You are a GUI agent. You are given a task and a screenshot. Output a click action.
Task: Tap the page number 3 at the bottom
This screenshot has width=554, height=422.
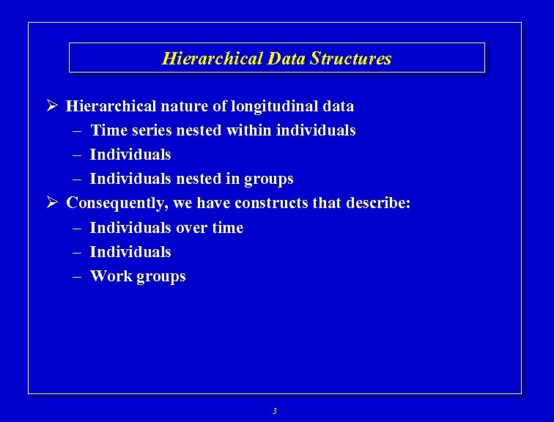(x=275, y=411)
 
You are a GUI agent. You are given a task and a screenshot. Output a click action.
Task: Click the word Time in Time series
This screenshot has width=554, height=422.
(x=106, y=130)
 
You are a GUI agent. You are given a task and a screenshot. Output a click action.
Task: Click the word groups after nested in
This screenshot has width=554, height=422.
(x=270, y=179)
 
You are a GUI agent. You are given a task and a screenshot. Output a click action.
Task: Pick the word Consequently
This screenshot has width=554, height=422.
(x=117, y=203)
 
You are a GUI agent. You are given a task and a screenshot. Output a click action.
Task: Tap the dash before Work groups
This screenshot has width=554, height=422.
(x=78, y=276)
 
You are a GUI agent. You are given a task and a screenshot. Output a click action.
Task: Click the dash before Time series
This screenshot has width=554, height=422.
(x=78, y=130)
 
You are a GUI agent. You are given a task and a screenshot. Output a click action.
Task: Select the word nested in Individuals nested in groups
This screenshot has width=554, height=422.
(x=201, y=179)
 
